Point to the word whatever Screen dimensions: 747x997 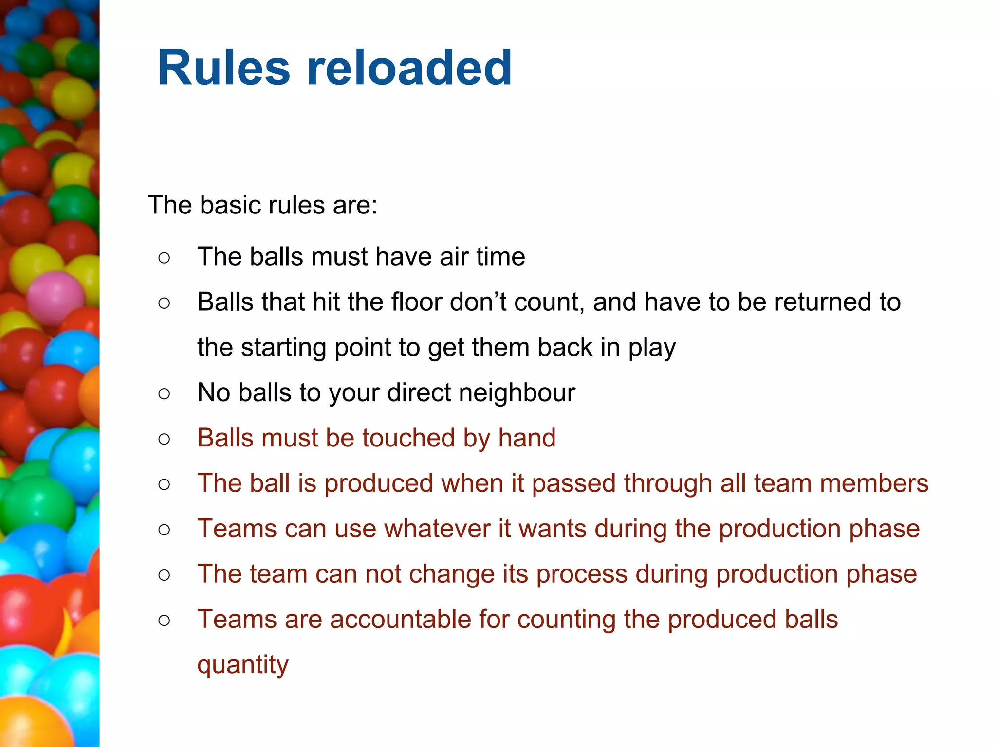pyautogui.click(x=438, y=529)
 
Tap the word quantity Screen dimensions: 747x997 pyautogui.click(x=243, y=665)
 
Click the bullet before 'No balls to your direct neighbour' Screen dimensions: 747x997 pyautogui.click(x=164, y=393)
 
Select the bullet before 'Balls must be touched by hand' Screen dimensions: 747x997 pyautogui.click(x=164, y=439)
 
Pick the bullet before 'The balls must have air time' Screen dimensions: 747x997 pyautogui.click(x=164, y=257)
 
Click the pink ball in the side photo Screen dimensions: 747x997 pyautogui.click(x=55, y=298)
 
